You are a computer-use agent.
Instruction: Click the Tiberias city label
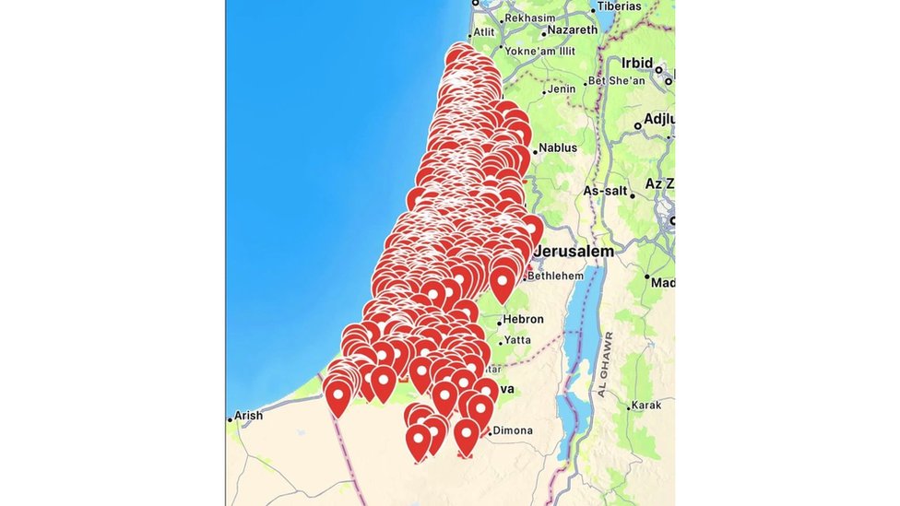[619, 6]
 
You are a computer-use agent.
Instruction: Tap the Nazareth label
[572, 29]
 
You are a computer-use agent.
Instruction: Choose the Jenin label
[561, 89]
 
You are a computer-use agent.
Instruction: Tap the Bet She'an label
[616, 81]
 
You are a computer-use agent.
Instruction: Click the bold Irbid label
[636, 64]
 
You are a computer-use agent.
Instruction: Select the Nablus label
[558, 147]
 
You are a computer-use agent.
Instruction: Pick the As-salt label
[605, 191]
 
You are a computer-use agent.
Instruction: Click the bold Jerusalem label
[574, 252]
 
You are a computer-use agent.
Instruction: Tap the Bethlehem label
[557, 275]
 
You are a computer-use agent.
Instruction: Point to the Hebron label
[524, 319]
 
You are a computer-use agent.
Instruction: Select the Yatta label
[517, 339]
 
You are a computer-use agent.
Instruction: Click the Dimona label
[513, 430]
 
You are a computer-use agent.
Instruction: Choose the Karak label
[645, 405]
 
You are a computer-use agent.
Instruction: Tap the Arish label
[248, 416]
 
